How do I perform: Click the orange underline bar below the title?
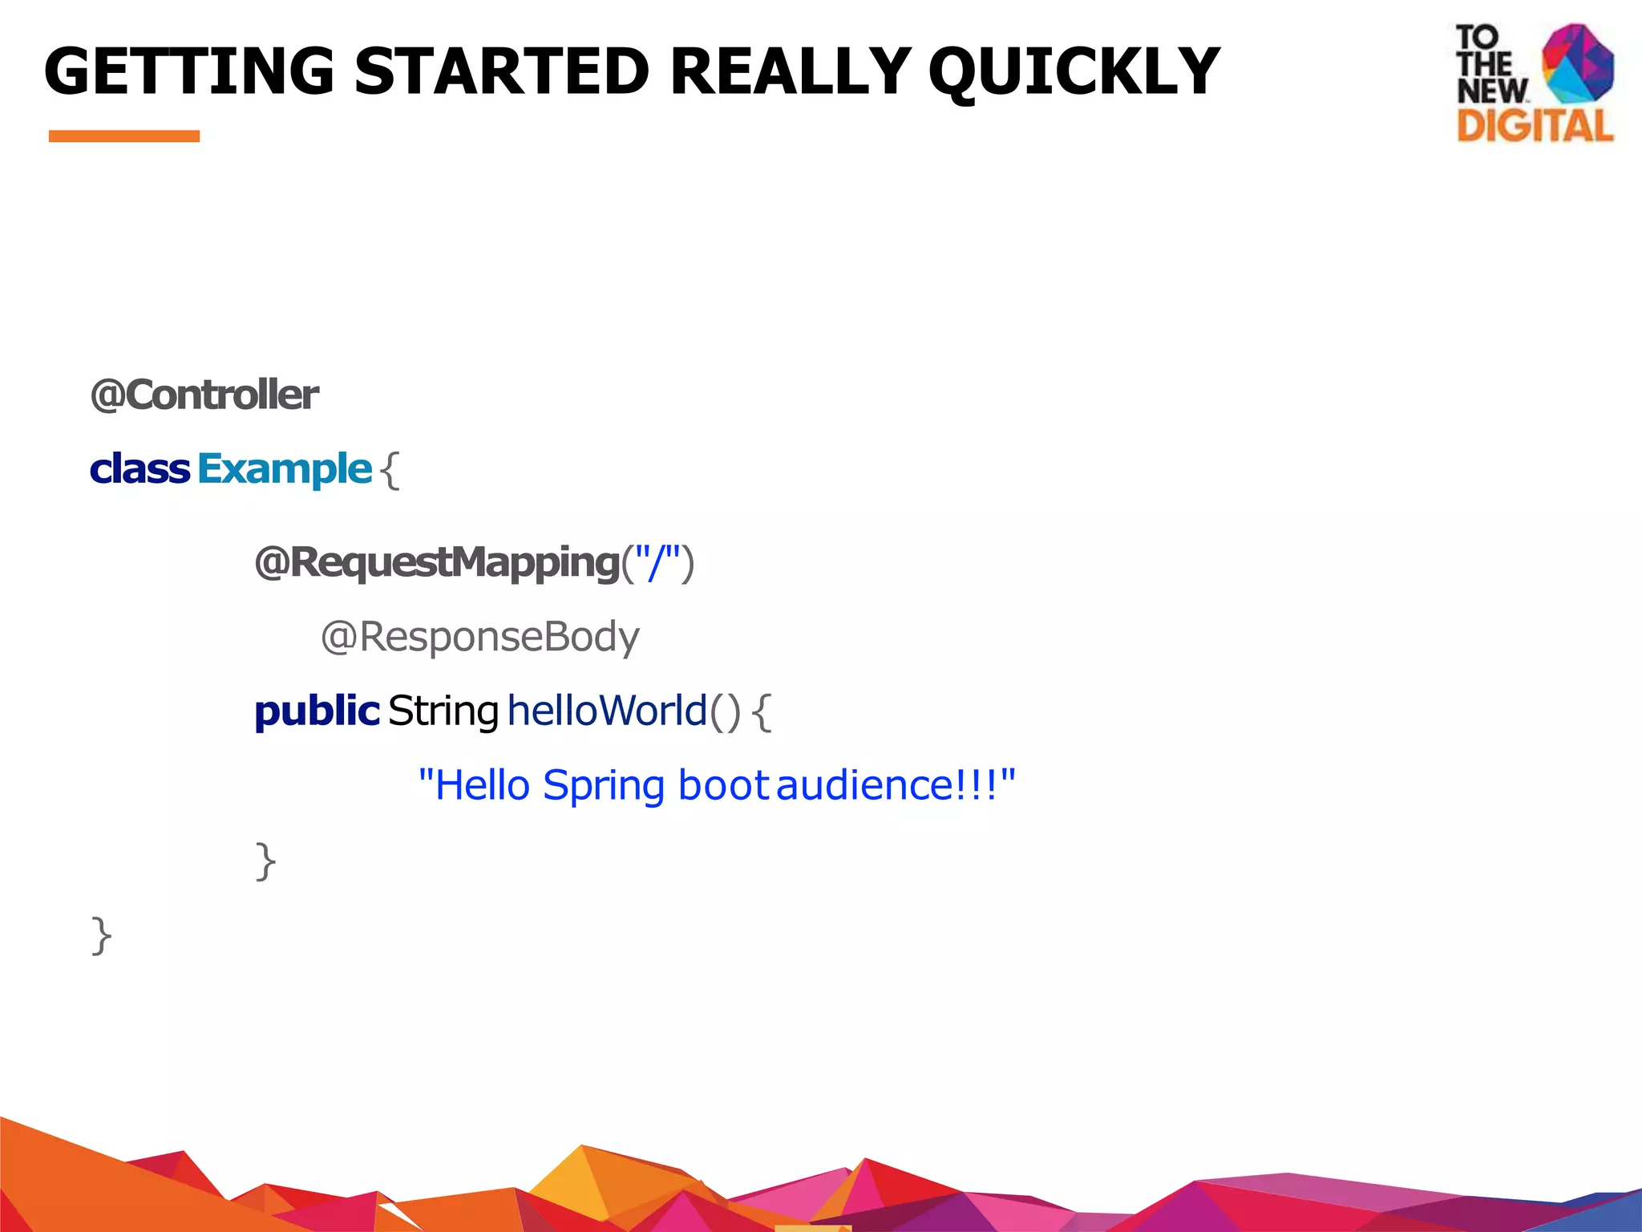point(124,136)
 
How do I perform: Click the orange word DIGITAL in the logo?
point(1535,127)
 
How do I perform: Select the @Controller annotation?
point(204,395)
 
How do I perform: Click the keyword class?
point(140,469)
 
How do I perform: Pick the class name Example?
point(285,469)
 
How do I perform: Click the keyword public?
point(317,711)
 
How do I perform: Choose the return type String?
point(443,711)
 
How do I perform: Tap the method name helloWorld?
point(607,711)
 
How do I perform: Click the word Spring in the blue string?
point(604,786)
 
